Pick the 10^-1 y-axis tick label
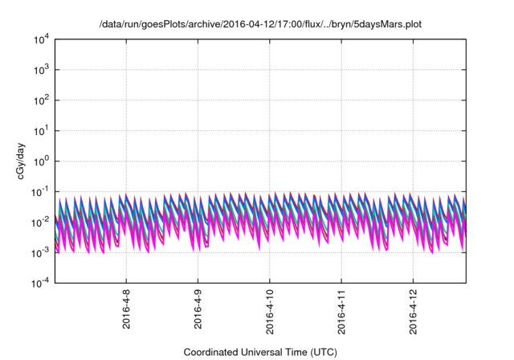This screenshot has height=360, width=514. coord(38,191)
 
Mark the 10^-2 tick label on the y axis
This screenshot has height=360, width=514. coord(38,222)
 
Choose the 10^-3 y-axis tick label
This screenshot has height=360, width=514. coord(38,252)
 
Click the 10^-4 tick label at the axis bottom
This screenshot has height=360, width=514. coord(38,282)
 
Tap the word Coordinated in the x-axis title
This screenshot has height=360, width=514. coord(215,352)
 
